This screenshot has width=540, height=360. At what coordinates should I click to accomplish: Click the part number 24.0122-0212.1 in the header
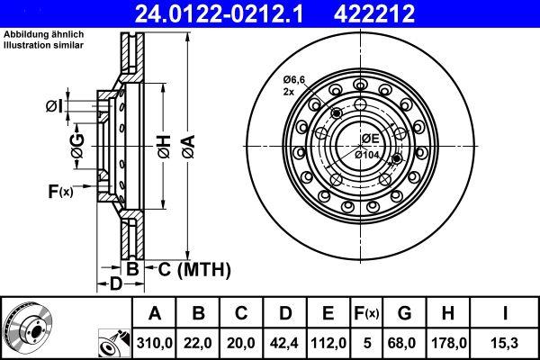pos(219,13)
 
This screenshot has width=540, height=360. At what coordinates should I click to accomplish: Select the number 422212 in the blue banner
pos(373,13)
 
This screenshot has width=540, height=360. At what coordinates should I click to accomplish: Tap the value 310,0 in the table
pos(155,343)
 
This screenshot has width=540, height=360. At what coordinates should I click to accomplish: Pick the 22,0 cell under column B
pos(198,343)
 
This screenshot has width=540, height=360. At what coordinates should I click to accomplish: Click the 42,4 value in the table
pos(284,343)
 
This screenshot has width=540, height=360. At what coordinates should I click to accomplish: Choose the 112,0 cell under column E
pos(328,343)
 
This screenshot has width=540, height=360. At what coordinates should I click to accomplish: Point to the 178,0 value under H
pos(448,343)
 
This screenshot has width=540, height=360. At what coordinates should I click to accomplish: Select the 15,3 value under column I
pos(505,343)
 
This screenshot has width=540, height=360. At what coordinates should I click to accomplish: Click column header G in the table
pos(404,313)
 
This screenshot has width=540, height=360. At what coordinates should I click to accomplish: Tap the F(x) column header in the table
pos(366,313)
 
